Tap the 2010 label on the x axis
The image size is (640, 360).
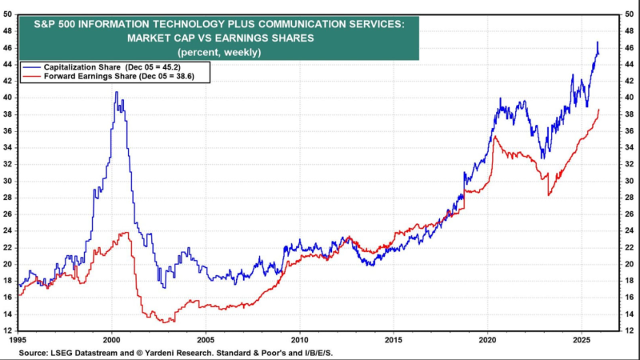click(x=300, y=339)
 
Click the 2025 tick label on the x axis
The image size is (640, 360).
click(x=582, y=339)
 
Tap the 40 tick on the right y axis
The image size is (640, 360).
click(x=630, y=97)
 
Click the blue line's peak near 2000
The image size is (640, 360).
click(x=116, y=92)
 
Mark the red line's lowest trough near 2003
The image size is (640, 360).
click(x=164, y=322)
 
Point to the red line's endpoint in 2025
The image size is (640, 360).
click(x=598, y=110)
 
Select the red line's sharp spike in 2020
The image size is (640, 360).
click(x=495, y=137)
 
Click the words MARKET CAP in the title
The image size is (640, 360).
click(x=166, y=37)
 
